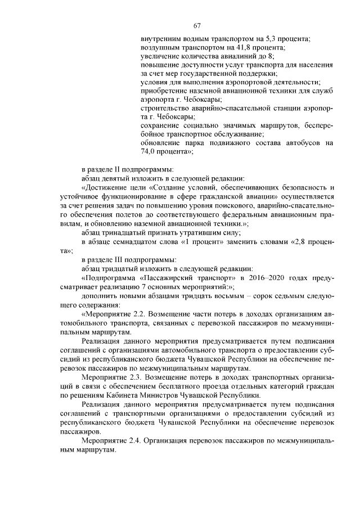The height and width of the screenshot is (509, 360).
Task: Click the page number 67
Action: (197, 25)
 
